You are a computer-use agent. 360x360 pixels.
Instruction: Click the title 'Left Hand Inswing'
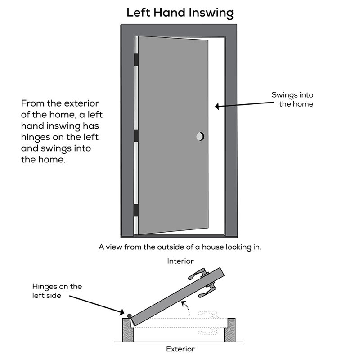180,12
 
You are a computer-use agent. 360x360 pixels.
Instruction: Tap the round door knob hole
200,136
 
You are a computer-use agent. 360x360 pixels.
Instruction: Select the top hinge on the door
136,58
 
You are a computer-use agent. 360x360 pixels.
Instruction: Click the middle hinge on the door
136,136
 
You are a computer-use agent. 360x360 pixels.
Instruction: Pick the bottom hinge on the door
136,210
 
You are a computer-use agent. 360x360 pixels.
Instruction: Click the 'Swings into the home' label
292,99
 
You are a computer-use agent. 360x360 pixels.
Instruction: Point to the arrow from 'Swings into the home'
243,105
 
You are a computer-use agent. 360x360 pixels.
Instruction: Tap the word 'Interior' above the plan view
180,261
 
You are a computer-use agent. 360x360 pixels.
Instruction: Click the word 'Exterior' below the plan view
180,349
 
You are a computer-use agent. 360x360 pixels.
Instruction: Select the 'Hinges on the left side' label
57,290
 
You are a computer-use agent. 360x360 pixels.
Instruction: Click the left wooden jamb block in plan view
127,331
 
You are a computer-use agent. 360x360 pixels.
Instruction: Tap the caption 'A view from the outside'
180,247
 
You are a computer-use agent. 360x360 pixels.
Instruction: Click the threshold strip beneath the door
180,235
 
